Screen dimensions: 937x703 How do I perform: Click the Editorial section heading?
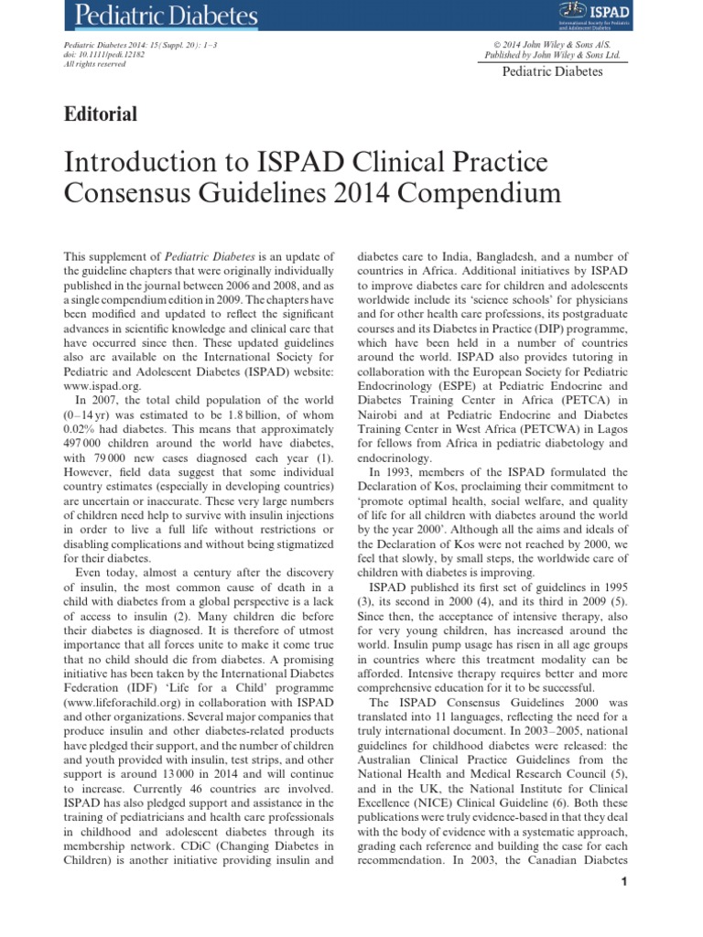tap(101, 114)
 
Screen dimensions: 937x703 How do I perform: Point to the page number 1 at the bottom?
tap(622, 882)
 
